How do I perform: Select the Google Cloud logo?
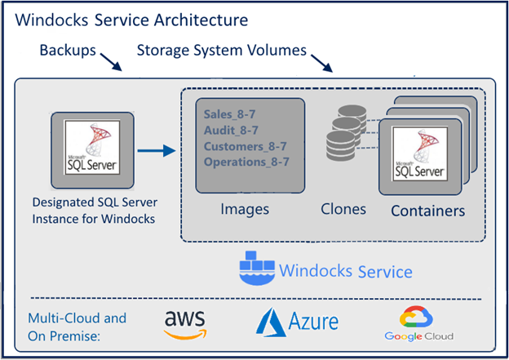click(x=419, y=323)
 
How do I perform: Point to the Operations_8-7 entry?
click(x=247, y=162)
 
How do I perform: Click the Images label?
click(x=245, y=210)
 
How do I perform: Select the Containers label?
click(x=427, y=211)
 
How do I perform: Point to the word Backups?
click(x=67, y=51)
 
